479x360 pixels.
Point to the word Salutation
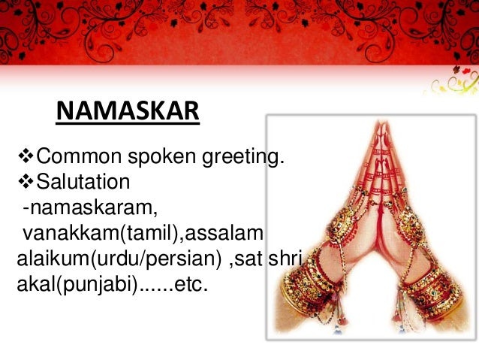pyautogui.click(x=83, y=183)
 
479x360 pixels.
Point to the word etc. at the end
pyautogui.click(x=188, y=284)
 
